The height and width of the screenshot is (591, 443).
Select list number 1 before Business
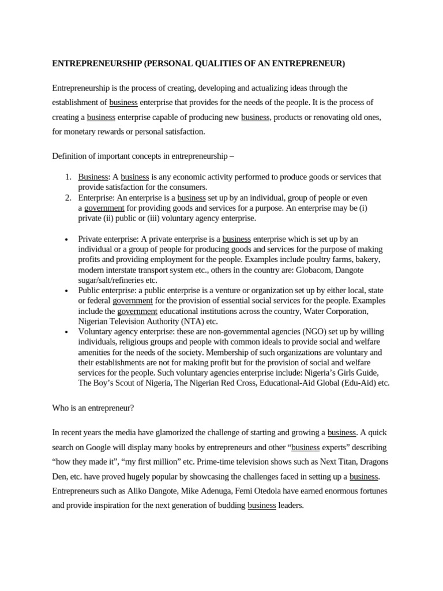[67, 177]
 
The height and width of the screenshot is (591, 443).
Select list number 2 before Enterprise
[67, 197]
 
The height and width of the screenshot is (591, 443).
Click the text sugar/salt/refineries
[113, 280]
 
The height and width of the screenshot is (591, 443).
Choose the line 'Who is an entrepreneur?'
[93, 407]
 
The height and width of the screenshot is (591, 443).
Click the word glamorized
[163, 432]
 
